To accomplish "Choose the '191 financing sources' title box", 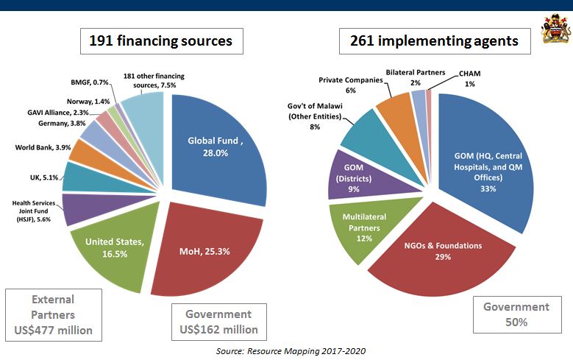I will (162, 41).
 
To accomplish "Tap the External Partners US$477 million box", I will (53, 315).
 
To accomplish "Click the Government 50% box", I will (516, 314).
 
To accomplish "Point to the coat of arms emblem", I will (552, 31).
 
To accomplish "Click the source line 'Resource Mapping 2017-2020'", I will (290, 351).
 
